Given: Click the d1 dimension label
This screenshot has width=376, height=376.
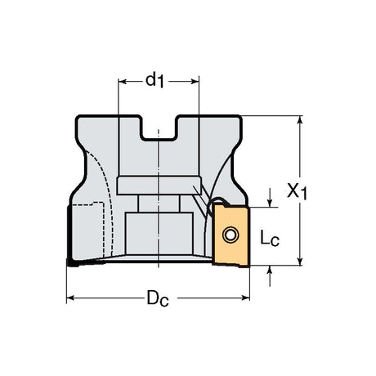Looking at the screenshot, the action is click(154, 81).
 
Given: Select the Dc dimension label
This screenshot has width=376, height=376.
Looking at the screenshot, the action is click(158, 298).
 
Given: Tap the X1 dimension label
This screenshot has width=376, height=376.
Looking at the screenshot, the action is click(297, 191).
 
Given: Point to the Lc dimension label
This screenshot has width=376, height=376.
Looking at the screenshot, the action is click(270, 239).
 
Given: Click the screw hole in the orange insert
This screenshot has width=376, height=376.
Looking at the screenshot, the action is click(231, 235).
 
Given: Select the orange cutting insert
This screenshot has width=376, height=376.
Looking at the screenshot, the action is click(231, 235).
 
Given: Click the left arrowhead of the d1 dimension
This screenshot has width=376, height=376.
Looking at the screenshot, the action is click(123, 82).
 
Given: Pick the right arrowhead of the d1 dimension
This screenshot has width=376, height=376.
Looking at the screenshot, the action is click(195, 82).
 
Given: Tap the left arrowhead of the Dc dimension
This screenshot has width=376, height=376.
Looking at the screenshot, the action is click(70, 298).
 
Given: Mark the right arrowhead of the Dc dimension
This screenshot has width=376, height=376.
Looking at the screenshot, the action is click(245, 298).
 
